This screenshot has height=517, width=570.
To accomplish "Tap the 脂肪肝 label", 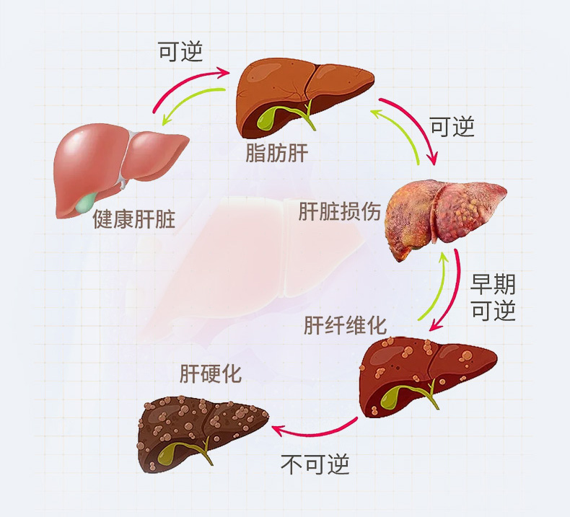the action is click(276, 153).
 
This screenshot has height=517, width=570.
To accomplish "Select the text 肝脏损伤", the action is click(339, 211).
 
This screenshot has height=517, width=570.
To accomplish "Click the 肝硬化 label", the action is click(211, 374).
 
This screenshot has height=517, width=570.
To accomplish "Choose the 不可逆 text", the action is click(315, 464).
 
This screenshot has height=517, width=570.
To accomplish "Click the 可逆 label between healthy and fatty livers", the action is click(180, 51).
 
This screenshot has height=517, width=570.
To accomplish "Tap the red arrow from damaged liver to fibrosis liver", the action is click(455, 296).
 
